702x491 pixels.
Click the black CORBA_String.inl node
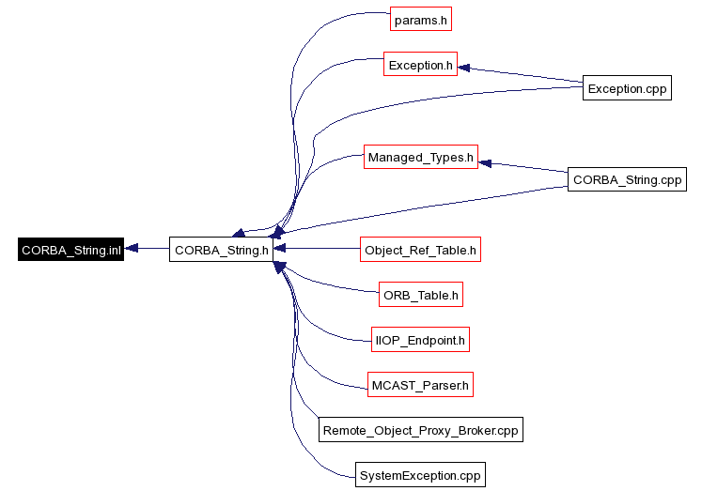pyautogui.click(x=71, y=250)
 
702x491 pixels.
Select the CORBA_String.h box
pyautogui.click(x=222, y=250)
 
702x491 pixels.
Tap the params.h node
pyautogui.click(x=414, y=19)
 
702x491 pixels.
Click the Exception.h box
pyautogui.click(x=420, y=65)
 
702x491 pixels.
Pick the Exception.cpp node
pyautogui.click(x=627, y=88)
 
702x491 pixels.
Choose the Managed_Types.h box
pyautogui.click(x=421, y=157)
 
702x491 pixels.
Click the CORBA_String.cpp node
pyautogui.click(x=627, y=179)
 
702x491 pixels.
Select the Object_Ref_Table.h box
pyautogui.click(x=420, y=250)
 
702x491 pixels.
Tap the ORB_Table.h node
pyautogui.click(x=420, y=295)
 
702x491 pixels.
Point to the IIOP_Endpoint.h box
pyautogui.click(x=420, y=341)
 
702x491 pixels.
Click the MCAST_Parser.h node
pyautogui.click(x=420, y=384)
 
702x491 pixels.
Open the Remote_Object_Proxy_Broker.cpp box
pyautogui.click(x=420, y=430)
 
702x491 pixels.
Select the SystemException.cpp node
pyautogui.click(x=420, y=475)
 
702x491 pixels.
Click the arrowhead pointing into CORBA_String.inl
pyautogui.click(x=132, y=249)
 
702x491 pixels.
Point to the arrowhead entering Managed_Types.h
pyautogui.click(x=485, y=162)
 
